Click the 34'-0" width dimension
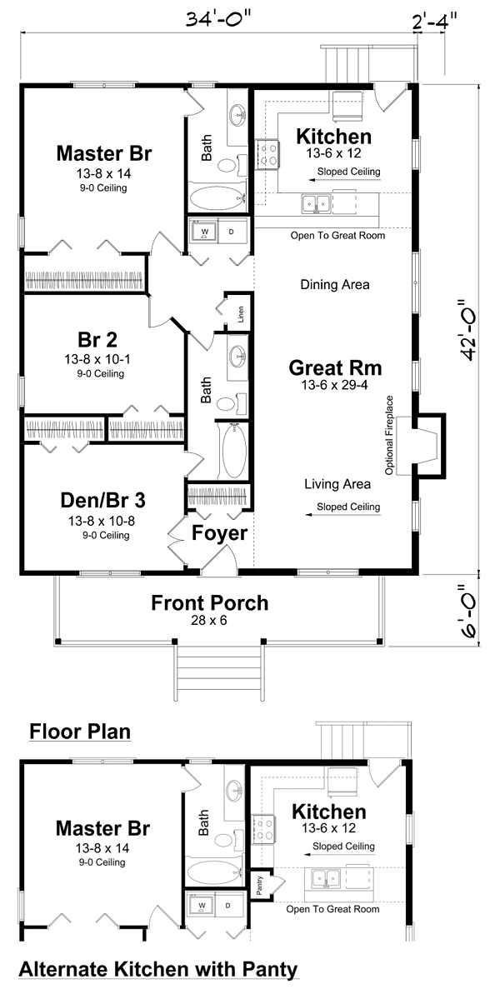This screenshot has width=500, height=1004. point(217,19)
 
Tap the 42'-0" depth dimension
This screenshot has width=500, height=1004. point(467,330)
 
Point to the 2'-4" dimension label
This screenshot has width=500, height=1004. point(434,21)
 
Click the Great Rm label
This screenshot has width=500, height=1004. point(335,368)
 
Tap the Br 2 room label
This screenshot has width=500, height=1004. point(97,339)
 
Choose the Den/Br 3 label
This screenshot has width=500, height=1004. point(103,500)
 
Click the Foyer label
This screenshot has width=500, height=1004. point(220,533)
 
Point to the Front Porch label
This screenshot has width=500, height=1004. point(210,603)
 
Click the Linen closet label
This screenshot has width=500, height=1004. point(241,314)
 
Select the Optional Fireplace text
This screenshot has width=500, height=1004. point(389,435)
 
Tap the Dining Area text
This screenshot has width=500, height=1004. point(335,285)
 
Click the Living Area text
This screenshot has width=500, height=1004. point(337,484)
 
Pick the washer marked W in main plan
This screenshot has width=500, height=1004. point(205,232)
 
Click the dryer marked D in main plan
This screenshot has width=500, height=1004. point(232,232)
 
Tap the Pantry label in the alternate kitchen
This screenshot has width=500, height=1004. point(260,885)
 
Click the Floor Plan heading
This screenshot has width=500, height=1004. point(80,732)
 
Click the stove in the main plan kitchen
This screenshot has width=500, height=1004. point(267,155)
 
